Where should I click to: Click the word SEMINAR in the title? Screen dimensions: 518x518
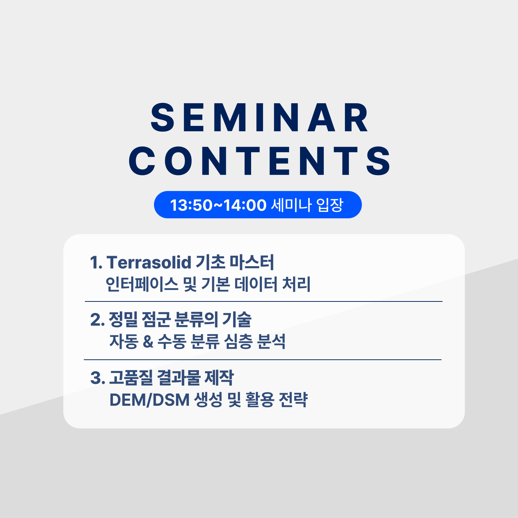click(259, 117)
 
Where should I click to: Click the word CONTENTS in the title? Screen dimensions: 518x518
click(259, 161)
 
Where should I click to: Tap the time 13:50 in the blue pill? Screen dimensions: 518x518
click(191, 205)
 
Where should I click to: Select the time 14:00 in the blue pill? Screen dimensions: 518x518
click(245, 205)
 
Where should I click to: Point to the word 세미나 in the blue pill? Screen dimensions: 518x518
click(291, 205)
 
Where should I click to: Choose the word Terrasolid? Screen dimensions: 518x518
click(149, 262)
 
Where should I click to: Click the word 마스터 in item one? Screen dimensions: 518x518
click(251, 262)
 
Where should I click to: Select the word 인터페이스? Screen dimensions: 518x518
click(142, 284)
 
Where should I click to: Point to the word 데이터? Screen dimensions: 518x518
click(256, 284)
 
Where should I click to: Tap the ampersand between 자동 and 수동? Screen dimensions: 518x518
click(148, 342)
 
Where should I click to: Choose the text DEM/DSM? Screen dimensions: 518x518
click(149, 400)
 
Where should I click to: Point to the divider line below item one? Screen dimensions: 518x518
click(263, 301)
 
